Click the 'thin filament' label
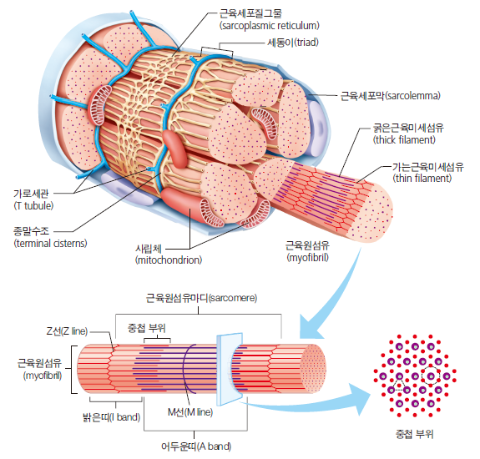pos(427,172)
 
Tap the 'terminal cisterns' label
pos(50,238)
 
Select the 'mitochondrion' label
pos(168,255)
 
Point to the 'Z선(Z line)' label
pos(63,331)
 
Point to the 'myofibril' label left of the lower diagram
pos(40,369)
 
